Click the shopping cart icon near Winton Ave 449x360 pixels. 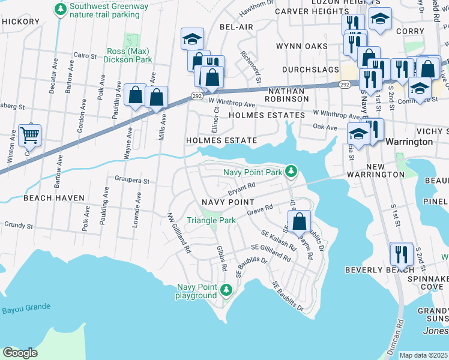pos(29,135)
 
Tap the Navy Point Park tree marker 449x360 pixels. pos(291,172)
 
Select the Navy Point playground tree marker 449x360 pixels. pos(226,291)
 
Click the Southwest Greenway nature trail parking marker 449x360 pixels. pos(60,10)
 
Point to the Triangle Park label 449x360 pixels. pos(211,221)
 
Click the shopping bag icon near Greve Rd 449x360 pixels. pos(299,221)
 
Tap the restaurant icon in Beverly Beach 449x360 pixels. pos(400,253)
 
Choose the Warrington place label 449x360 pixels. pos(409,142)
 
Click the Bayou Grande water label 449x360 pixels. pos(26,308)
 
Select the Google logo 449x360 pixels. pos(19,352)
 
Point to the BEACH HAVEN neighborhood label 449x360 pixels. pos(50,197)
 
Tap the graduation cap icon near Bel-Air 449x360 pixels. pos(192,39)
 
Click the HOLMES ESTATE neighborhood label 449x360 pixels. pos(221,140)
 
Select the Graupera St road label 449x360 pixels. pos(131,179)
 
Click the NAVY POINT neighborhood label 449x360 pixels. pos(228,203)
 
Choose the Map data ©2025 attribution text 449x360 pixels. pos(423,355)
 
